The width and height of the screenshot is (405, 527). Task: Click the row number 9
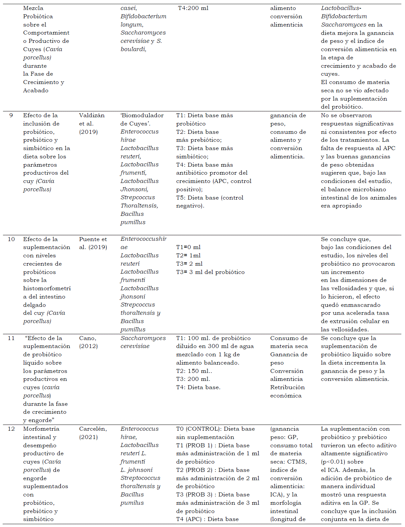[x=11, y=115]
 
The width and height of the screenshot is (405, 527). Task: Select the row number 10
[x=11, y=239]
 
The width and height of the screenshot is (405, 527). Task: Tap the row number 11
[x=11, y=338]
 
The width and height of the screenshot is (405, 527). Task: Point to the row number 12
[x=11, y=429]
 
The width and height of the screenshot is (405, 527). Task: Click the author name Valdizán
[x=92, y=115]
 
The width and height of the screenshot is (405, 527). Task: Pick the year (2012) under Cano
[x=88, y=346]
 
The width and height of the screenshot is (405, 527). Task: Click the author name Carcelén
[x=93, y=429]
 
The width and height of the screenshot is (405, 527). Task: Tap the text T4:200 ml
[x=193, y=8]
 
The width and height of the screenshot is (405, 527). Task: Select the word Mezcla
[x=33, y=8]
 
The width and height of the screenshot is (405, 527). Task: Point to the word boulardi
[x=133, y=49]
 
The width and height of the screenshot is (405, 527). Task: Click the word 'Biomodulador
[x=142, y=115]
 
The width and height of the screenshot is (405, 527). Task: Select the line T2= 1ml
[x=188, y=255]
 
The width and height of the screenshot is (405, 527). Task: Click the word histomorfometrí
[x=47, y=288]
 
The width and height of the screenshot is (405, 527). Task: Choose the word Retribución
[x=287, y=387]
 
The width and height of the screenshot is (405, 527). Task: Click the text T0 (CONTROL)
[x=198, y=429]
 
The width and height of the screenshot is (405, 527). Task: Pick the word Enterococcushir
[x=143, y=239]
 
